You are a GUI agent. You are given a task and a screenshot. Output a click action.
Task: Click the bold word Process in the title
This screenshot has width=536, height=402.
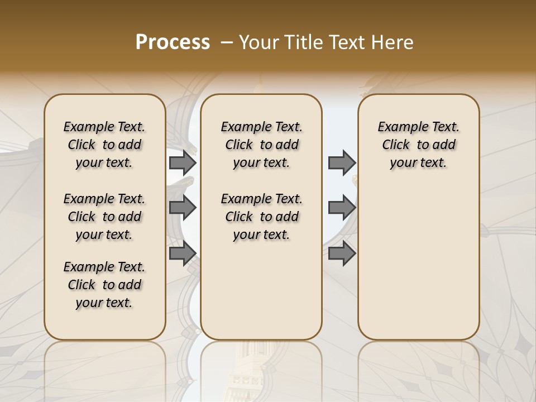[x=173, y=42]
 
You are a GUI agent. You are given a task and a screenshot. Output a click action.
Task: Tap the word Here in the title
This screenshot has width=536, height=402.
[x=390, y=42]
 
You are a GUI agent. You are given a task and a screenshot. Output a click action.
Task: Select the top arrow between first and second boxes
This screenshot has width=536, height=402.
[x=183, y=163]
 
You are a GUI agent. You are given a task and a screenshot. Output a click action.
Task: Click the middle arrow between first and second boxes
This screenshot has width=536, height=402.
[x=183, y=208]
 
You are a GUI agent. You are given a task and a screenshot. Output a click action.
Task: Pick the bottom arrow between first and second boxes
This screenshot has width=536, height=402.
[x=183, y=253]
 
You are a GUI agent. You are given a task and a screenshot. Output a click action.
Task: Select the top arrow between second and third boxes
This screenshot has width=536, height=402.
[x=342, y=163]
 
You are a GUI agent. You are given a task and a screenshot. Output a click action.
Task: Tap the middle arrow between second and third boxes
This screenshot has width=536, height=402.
[x=342, y=208]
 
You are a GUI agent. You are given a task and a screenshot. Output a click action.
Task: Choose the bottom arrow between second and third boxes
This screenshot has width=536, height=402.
[x=342, y=253]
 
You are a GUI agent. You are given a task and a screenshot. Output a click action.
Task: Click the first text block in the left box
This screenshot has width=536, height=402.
[x=104, y=145]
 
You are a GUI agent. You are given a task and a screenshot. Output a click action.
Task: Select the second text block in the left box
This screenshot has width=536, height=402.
[x=104, y=217]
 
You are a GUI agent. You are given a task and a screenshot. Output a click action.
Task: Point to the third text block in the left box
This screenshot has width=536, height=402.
[x=104, y=285]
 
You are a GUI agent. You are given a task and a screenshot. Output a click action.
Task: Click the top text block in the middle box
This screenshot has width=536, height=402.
[x=261, y=145]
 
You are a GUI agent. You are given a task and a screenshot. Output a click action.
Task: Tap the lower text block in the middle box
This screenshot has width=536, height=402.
[x=261, y=217]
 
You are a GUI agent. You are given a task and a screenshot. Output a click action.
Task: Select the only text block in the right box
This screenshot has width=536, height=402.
[x=418, y=145]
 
